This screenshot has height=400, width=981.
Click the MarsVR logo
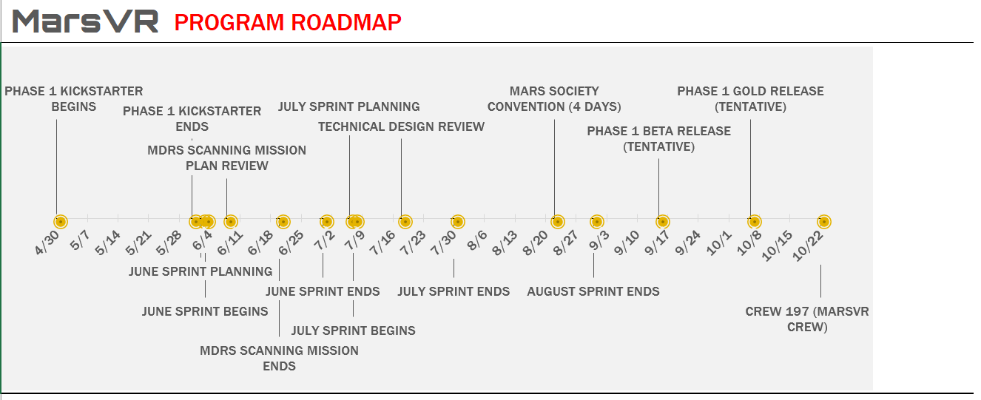(85, 21)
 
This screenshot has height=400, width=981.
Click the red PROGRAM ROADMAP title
(288, 22)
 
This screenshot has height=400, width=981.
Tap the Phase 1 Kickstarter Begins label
(73, 99)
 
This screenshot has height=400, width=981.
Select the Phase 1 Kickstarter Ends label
(192, 118)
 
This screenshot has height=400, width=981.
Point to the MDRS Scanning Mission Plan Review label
(227, 158)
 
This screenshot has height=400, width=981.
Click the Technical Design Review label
(401, 126)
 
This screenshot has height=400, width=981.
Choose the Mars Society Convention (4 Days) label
(554, 99)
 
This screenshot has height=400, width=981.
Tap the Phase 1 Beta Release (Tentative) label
(658, 139)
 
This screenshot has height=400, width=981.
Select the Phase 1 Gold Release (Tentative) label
(750, 99)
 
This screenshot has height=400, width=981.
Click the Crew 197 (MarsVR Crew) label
(807, 319)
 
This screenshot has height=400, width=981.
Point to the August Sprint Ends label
(593, 291)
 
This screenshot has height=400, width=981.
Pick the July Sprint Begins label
(353, 330)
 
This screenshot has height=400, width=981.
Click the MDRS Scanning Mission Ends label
(279, 358)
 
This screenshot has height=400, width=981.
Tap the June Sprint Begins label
(205, 311)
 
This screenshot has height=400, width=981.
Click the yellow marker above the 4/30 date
(61, 222)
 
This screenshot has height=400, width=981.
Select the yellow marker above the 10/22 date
(823, 222)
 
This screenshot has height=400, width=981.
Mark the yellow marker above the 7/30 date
(458, 222)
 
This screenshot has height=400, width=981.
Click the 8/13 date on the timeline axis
(505, 243)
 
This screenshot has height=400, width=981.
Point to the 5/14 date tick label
(108, 243)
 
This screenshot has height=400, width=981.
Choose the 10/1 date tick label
(719, 243)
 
